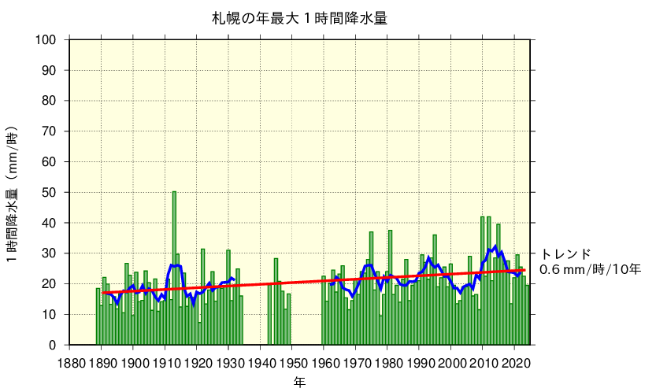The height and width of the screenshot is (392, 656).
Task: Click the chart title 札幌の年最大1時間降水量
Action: [299, 18]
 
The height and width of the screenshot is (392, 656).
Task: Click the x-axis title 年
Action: [300, 383]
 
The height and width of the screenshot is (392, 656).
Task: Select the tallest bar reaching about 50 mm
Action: [174, 268]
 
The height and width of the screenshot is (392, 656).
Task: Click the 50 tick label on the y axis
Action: [50, 193]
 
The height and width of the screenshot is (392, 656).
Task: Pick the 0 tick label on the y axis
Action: [53, 345]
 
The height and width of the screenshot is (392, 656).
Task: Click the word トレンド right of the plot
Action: [565, 254]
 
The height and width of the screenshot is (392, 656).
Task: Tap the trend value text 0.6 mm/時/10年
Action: [591, 270]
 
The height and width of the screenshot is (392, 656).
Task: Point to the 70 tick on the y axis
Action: [50, 131]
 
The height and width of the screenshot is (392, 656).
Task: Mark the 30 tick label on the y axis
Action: [50, 253]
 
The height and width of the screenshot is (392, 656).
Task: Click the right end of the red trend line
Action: [524, 270]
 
